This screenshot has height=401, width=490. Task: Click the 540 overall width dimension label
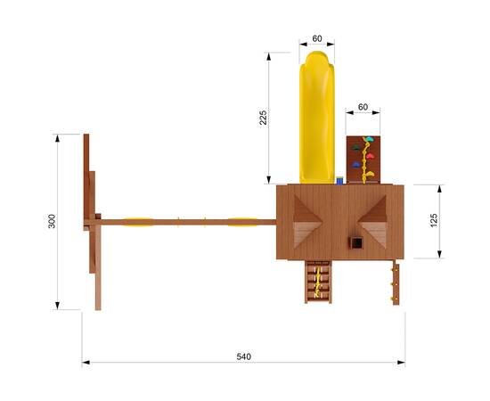point(243,356)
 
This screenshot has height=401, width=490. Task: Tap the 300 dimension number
point(52,221)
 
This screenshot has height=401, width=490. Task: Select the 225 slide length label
point(264,118)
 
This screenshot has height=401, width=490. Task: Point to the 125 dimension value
point(434,221)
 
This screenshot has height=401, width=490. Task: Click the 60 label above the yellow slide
point(317,38)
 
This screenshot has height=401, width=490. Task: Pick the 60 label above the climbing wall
point(363,107)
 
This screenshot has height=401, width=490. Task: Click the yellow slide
point(317,118)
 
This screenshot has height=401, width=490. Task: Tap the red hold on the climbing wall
point(371,156)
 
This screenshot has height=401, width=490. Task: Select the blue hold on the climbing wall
point(355,165)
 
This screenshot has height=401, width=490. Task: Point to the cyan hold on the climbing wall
point(370,139)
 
